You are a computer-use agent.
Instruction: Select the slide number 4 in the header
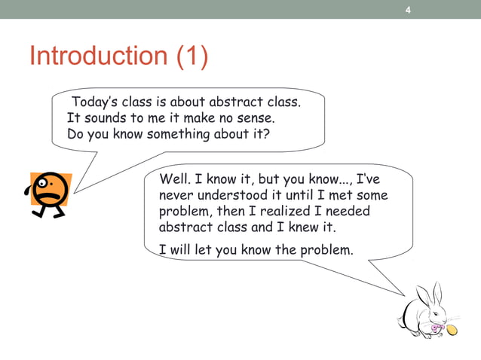tap(408, 10)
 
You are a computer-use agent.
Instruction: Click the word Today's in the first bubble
tap(97, 102)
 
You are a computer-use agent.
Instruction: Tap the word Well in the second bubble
tap(173, 179)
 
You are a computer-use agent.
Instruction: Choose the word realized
tap(280, 211)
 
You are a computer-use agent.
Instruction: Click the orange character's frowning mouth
tap(51, 194)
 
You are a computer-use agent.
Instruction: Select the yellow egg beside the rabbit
tap(452, 330)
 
